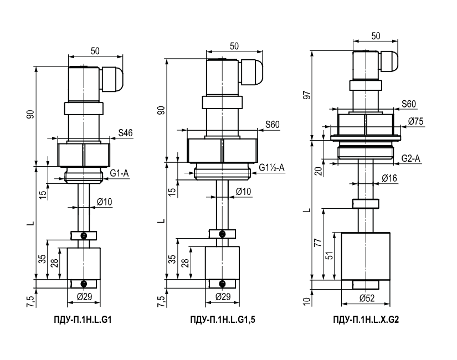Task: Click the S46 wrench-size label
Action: coord(125,133)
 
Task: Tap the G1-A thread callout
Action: coord(119,173)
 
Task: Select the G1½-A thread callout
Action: coord(271,168)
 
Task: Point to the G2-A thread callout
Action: coord(410,158)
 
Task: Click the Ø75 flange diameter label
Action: coord(415,121)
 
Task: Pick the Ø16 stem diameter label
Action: coord(389,178)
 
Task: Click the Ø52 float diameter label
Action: coord(367,298)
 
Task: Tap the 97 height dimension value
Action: coord(307,95)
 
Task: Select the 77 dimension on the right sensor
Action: coord(319,243)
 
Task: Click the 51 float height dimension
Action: coord(329,256)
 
